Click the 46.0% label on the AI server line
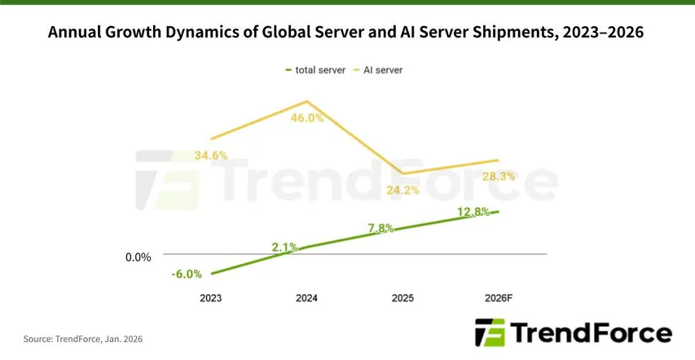[x=307, y=118]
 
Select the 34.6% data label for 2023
[x=210, y=155]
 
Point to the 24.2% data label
[x=402, y=191]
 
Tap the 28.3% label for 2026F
[x=498, y=176]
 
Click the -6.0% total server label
[x=187, y=274]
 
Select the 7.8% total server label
[x=379, y=228]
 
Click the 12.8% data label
[x=473, y=212]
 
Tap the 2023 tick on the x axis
[x=210, y=298]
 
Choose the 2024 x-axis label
[x=306, y=298]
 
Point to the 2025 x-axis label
[x=402, y=298]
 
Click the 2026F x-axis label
[x=498, y=298]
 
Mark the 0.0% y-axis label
[x=138, y=257]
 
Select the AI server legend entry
[x=380, y=70]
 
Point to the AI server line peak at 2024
[x=306, y=102]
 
